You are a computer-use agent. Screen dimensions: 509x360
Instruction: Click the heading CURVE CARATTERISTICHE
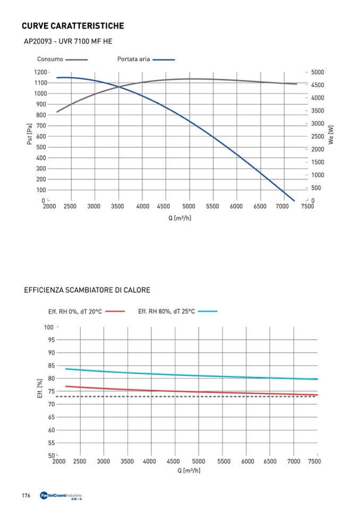tap(73, 25)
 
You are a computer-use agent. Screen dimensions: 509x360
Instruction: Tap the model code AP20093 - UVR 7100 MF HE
tap(67, 41)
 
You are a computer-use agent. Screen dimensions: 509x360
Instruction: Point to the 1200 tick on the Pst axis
tap(40, 72)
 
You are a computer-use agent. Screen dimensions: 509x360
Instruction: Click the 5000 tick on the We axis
tap(318, 72)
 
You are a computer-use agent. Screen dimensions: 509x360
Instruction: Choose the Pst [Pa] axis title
tap(30, 134)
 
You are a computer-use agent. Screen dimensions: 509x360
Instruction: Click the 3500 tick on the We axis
tap(318, 111)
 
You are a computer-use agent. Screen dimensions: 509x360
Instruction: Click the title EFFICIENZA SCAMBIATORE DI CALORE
tap(87, 290)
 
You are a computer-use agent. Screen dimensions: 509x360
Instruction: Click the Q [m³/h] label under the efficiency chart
tap(189, 470)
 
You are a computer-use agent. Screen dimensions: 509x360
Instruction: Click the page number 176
tap(25, 496)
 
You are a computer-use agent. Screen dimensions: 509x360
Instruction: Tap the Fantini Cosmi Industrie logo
tap(62, 496)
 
